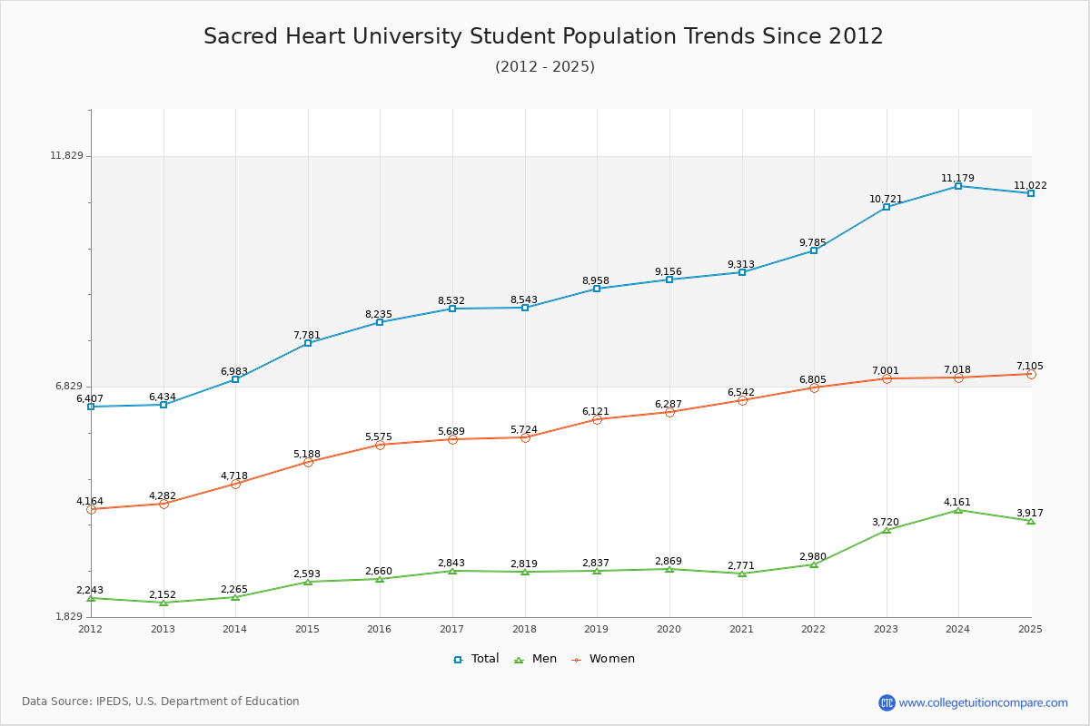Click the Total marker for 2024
click(x=958, y=186)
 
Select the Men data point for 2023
click(x=887, y=530)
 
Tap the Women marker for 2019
click(x=597, y=419)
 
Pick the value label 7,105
click(x=1030, y=367)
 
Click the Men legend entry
click(x=535, y=659)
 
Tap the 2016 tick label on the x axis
click(x=380, y=629)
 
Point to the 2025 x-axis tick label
click(x=1030, y=629)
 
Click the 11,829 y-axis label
click(x=66, y=156)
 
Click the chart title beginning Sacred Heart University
click(x=543, y=36)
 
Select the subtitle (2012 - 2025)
click(x=545, y=67)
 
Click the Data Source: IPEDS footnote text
click(x=161, y=701)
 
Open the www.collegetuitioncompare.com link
click(x=984, y=702)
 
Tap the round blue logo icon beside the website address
click(x=887, y=702)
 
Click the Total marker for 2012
click(x=91, y=407)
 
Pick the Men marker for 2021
click(x=742, y=574)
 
